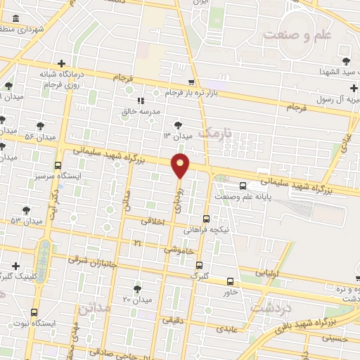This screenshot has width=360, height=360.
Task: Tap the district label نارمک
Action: click(x=214, y=132)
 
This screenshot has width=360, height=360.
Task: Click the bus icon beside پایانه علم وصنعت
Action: click(x=243, y=186)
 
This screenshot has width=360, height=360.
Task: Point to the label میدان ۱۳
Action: click(x=178, y=135)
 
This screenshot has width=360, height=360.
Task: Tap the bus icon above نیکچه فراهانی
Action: click(x=206, y=218)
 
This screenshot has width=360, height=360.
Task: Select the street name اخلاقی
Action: click(x=155, y=221)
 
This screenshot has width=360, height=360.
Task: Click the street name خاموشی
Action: click(x=179, y=249)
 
